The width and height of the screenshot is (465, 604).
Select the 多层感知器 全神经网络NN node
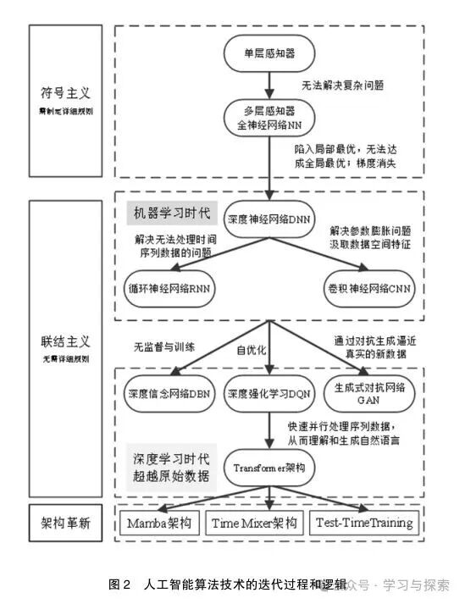tap(269, 119)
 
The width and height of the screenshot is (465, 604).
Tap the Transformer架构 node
tap(269, 466)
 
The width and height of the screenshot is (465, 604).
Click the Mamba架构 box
tap(161, 523)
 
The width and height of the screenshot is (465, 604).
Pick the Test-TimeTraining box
tap(365, 523)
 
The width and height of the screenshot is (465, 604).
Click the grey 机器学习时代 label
tap(169, 210)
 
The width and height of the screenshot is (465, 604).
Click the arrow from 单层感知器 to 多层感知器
tap(269, 84)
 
